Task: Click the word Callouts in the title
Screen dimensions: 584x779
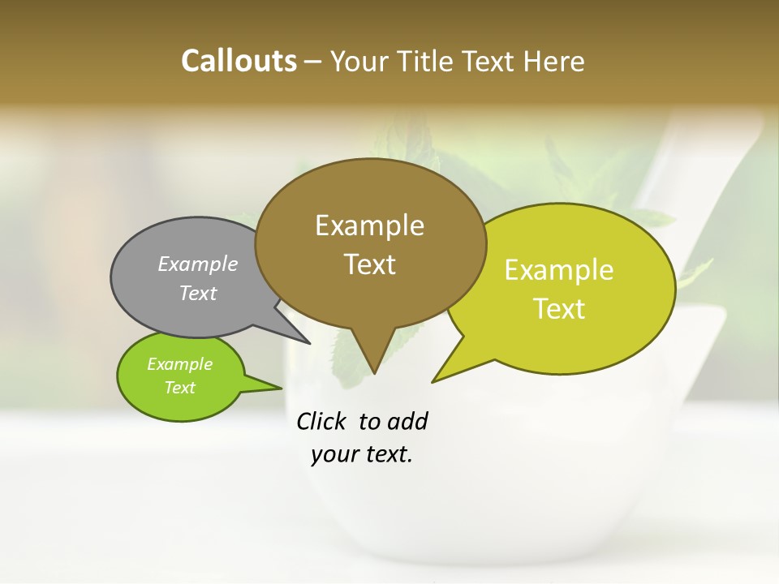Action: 239,61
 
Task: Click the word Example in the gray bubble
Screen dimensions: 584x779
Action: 198,264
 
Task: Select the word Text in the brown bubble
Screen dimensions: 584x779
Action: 370,264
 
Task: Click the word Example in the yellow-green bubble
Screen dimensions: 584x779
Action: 559,270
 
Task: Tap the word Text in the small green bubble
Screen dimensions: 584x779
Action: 180,388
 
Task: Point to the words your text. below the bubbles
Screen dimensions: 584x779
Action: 362,454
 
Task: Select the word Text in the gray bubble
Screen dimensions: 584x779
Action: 198,293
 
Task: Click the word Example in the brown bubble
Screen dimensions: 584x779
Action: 370,225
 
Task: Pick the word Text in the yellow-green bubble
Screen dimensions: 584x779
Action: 560,308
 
